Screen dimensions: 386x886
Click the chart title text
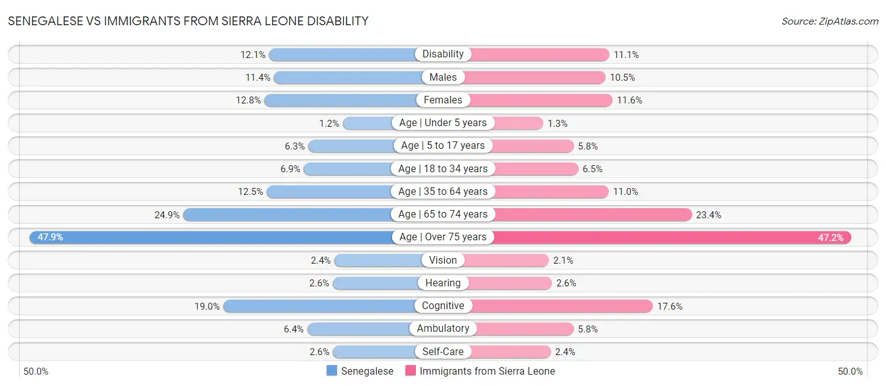click(x=188, y=21)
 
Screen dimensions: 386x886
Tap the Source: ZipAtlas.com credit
click(x=829, y=21)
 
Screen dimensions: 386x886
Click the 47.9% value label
click(x=50, y=237)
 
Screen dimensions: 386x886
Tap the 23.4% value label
click(x=708, y=214)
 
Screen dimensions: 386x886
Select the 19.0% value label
click(x=207, y=306)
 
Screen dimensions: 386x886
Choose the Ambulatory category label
click(x=443, y=329)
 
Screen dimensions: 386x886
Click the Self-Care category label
click(x=443, y=351)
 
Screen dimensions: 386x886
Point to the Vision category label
click(x=443, y=260)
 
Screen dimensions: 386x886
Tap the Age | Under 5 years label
click(x=443, y=123)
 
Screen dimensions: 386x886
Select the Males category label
click(x=443, y=77)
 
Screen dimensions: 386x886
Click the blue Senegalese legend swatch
click(x=331, y=371)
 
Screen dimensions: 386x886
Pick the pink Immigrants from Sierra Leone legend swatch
click(x=410, y=371)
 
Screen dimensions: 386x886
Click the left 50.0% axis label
click(x=37, y=371)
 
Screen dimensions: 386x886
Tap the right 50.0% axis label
click(x=849, y=371)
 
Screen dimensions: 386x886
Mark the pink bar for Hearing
click(x=510, y=283)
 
